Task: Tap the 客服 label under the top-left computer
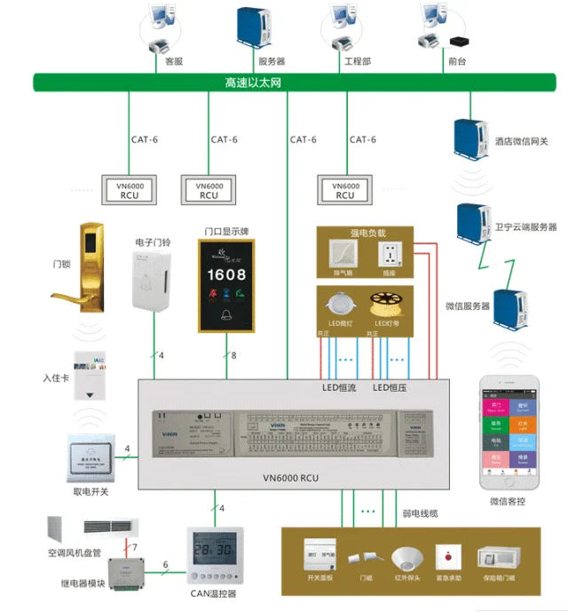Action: [x=174, y=61]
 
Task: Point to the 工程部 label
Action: [x=357, y=61]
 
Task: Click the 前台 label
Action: [x=457, y=61]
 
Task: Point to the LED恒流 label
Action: [x=338, y=387]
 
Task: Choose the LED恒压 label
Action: [x=390, y=387]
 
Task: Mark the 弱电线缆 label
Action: [x=420, y=514]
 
